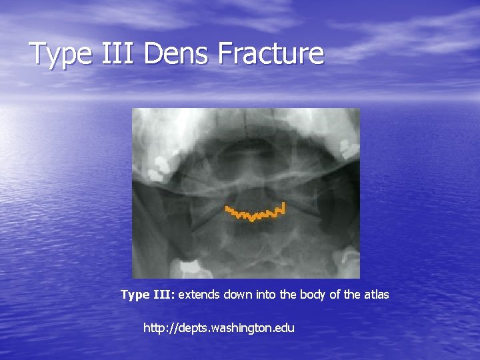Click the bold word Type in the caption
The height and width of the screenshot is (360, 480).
(135, 295)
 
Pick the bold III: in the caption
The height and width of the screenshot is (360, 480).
(164, 294)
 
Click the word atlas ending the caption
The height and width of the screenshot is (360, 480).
(375, 294)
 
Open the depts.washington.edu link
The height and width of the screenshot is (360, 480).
(219, 328)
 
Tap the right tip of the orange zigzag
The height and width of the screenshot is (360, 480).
(284, 207)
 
